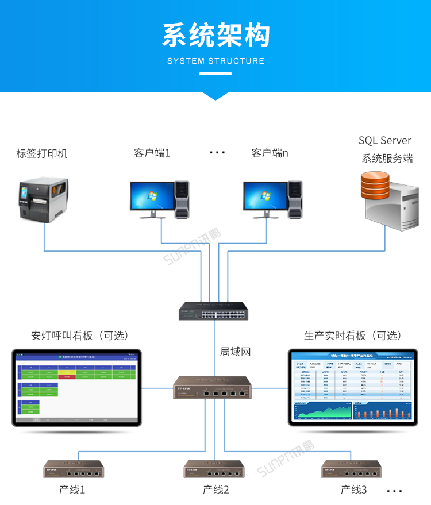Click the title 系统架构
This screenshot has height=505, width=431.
point(215,35)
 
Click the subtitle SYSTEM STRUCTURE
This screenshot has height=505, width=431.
point(215,61)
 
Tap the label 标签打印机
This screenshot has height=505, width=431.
point(42,153)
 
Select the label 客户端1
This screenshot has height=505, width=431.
point(152,153)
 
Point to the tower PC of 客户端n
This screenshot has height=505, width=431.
point(295,199)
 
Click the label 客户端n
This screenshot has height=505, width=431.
point(270,153)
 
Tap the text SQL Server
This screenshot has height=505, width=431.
point(385,141)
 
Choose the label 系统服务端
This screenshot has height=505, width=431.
point(387,159)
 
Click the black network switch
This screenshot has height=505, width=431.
point(213,310)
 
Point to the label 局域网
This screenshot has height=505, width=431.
point(236,352)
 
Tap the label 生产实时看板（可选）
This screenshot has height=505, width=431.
point(353,336)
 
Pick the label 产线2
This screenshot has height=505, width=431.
point(216,489)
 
